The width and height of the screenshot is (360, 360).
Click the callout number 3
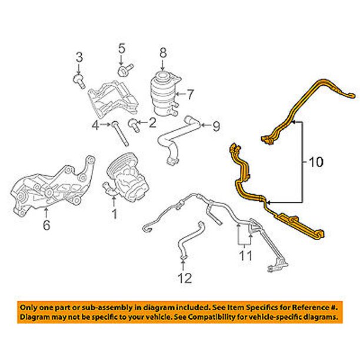(79, 57)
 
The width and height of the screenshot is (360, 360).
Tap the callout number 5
(122, 48)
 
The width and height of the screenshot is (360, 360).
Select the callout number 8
(163, 53)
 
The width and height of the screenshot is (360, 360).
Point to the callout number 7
(189, 94)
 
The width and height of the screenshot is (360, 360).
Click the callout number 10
(316, 162)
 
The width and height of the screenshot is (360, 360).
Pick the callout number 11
(245, 255)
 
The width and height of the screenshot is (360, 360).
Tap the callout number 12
(185, 278)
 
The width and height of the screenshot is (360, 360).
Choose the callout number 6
(46, 225)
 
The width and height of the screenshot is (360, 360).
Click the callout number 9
(216, 126)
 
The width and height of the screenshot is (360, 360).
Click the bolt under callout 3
(79, 82)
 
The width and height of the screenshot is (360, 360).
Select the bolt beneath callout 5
(125, 69)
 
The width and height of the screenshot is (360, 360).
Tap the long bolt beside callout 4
(120, 134)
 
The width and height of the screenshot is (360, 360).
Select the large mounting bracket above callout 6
(52, 186)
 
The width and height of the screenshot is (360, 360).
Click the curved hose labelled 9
(176, 141)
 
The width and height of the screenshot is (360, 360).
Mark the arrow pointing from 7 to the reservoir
(180, 94)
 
